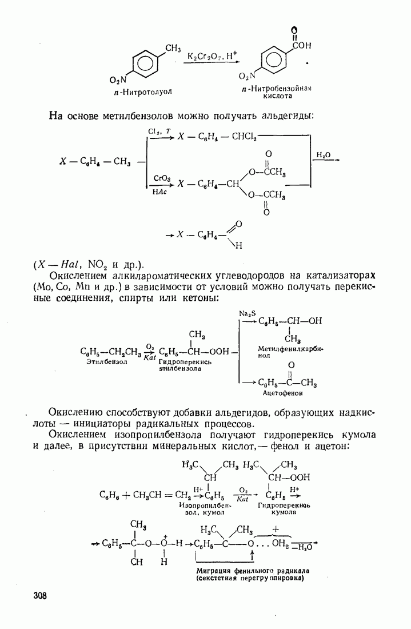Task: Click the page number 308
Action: (39, 595)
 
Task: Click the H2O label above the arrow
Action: (324, 155)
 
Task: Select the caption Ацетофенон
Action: (283, 393)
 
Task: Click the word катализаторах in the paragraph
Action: (341, 276)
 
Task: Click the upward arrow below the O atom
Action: (252, 556)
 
